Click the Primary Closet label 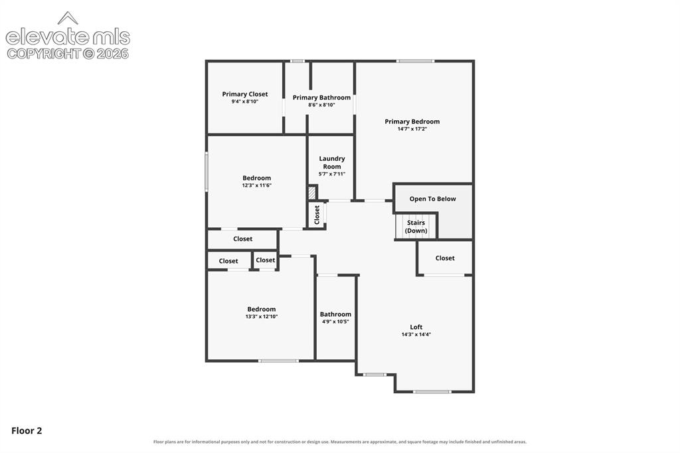[x=245, y=94]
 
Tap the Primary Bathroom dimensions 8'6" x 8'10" [x=321, y=104]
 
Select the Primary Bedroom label [x=412, y=122]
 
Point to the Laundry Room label [x=332, y=162]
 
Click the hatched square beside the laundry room [x=312, y=193]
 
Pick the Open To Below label [x=432, y=199]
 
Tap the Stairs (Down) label [x=416, y=226]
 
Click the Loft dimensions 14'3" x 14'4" [x=416, y=335]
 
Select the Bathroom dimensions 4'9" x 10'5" [x=335, y=321]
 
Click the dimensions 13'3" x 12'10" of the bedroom [x=262, y=316]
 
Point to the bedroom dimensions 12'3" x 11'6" [x=257, y=185]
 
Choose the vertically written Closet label [x=317, y=215]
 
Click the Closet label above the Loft [x=445, y=258]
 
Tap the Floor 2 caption [x=27, y=430]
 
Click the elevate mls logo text [x=68, y=37]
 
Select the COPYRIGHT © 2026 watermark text [x=68, y=54]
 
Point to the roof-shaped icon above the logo [x=68, y=18]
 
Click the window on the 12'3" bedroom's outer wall [x=207, y=171]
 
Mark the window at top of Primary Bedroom [x=415, y=61]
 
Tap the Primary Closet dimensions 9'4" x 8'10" [x=245, y=102]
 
